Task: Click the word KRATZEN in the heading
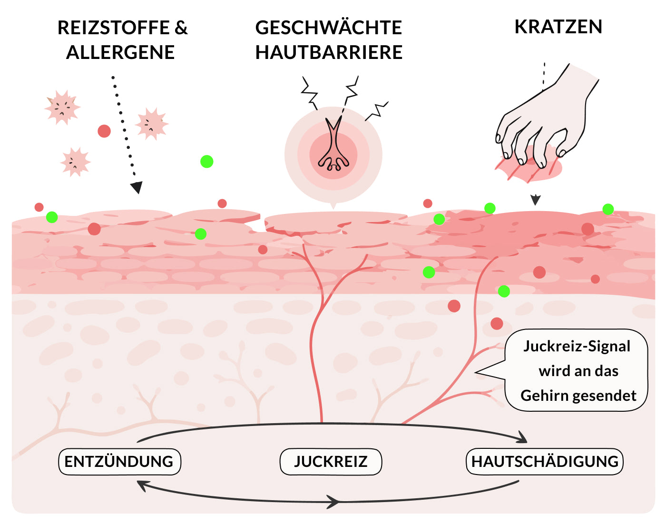pyautogui.click(x=558, y=27)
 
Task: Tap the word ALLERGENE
pyautogui.click(x=120, y=52)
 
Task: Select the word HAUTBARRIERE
pyautogui.click(x=329, y=52)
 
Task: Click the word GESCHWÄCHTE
pyautogui.click(x=329, y=27)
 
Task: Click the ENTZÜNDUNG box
pyautogui.click(x=119, y=462)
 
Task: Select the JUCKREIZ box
pyautogui.click(x=331, y=462)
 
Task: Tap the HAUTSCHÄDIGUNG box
pyautogui.click(x=545, y=462)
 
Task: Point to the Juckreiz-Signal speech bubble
pyautogui.click(x=576, y=370)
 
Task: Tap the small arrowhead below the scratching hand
pyautogui.click(x=536, y=200)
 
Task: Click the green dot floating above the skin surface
pyautogui.click(x=206, y=161)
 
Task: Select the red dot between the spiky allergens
pyautogui.click(x=104, y=131)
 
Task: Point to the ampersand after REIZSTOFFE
pyautogui.click(x=181, y=27)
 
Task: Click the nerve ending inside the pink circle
pyautogui.click(x=333, y=144)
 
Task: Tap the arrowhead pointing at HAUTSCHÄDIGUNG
pyautogui.click(x=522, y=437)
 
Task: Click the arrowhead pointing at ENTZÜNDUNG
pyautogui.click(x=143, y=486)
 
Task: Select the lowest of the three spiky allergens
pyautogui.click(x=75, y=162)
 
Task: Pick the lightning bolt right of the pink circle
pyautogui.click(x=377, y=111)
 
